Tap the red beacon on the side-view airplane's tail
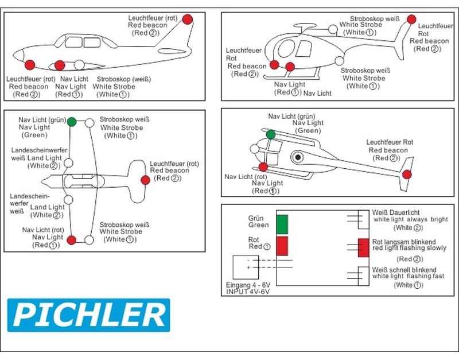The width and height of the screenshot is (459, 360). coord(187,19)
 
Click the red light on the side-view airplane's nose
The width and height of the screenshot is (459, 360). coord(30,64)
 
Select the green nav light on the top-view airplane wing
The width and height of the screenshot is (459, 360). coord(72,122)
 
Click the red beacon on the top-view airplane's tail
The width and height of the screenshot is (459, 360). coord(145,180)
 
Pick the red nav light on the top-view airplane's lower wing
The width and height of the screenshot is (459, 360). coord(72,240)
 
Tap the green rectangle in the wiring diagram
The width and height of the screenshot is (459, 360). coord(282,224)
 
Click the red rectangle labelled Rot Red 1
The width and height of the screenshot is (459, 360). coord(282,246)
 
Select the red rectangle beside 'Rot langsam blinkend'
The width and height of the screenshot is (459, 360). coord(363,247)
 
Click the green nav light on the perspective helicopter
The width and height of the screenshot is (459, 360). coord(270,134)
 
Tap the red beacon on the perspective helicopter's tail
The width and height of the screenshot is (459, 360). coord(407,175)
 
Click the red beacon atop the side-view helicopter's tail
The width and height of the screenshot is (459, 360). coord(411,19)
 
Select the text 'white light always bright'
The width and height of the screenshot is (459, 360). coord(410,220)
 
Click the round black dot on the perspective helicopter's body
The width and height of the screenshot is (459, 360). coord(298,157)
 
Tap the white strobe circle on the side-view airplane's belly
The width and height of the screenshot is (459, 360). coord(80,64)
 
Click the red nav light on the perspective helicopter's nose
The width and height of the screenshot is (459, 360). coord(263,167)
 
